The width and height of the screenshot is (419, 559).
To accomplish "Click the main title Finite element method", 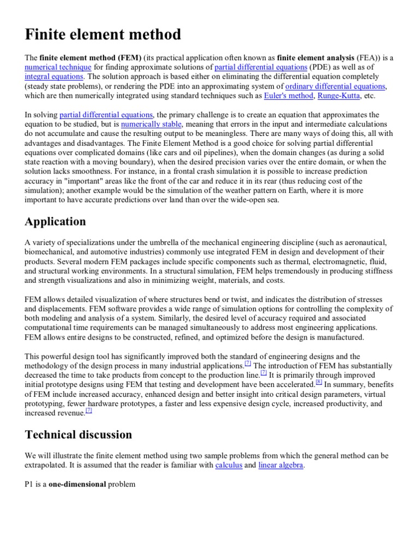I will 103,35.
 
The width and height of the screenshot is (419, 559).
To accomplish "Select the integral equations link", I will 54,77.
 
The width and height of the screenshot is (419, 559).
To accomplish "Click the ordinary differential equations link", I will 336,87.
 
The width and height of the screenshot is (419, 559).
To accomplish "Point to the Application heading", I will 55,221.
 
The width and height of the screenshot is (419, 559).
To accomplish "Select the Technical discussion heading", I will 79,435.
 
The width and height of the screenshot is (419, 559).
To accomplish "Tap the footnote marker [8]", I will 319,382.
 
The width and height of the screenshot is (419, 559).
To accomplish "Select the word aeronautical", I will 363,242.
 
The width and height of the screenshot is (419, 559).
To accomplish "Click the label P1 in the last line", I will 31,484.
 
